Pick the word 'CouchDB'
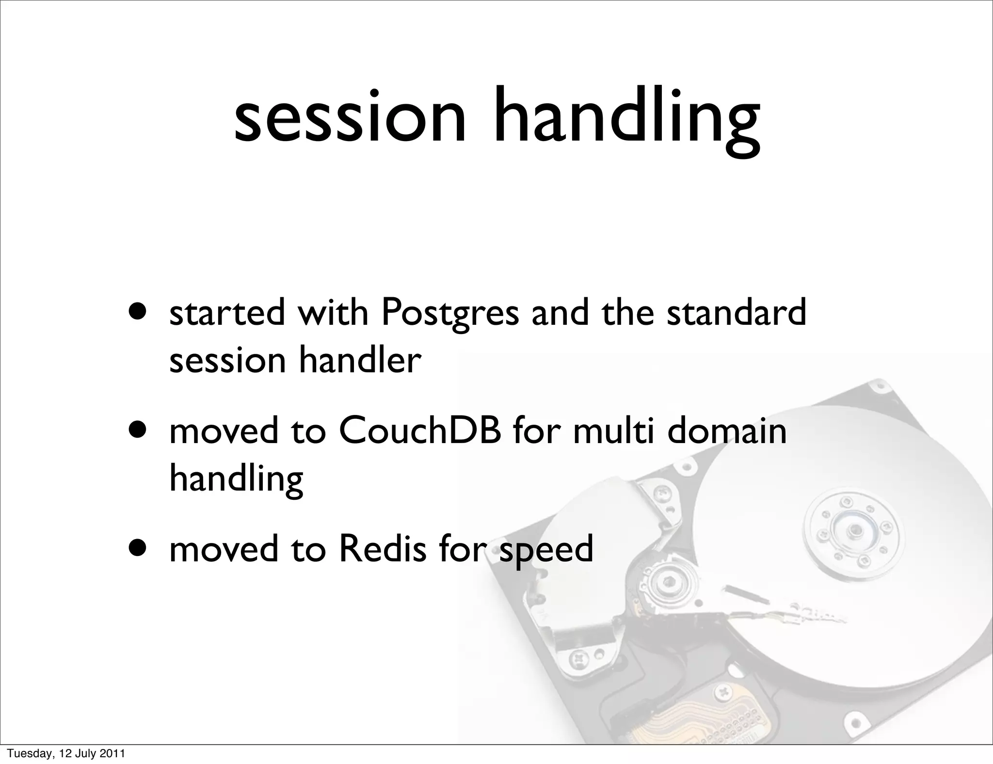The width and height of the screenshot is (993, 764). pyautogui.click(x=420, y=431)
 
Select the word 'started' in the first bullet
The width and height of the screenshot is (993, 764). pyautogui.click(x=227, y=313)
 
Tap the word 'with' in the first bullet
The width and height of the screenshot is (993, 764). pyautogui.click(x=333, y=313)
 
